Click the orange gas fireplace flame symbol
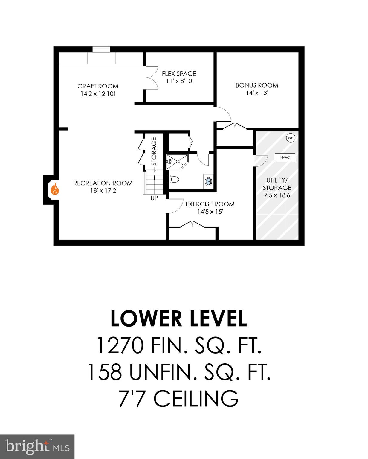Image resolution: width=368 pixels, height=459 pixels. click(x=54, y=189)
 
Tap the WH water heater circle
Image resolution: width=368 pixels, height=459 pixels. click(x=291, y=138)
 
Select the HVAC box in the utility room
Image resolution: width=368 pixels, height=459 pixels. click(x=285, y=157)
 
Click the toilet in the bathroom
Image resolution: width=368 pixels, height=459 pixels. click(x=174, y=179)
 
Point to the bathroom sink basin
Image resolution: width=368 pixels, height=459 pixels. click(x=208, y=181)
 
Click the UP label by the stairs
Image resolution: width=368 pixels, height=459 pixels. click(x=154, y=198)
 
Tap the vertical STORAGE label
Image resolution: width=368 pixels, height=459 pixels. click(x=154, y=151)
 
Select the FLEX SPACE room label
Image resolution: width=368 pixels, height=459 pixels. click(x=179, y=74)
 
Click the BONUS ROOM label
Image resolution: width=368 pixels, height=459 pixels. click(x=257, y=85)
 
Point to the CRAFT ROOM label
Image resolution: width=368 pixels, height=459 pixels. click(x=98, y=86)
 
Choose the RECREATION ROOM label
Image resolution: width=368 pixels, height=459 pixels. click(x=103, y=183)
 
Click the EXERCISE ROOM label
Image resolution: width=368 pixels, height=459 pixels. click(x=210, y=204)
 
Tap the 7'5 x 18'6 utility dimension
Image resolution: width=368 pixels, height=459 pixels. click(x=277, y=195)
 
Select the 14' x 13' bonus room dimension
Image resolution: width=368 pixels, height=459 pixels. click(x=257, y=93)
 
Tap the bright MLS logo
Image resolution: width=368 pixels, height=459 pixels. click(x=37, y=446)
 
